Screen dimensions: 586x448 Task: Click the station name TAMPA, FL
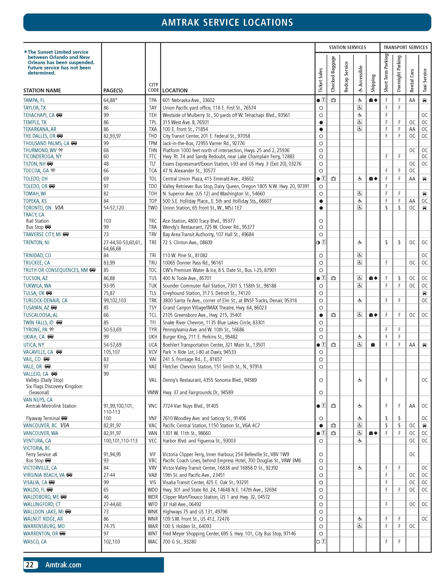(34, 100)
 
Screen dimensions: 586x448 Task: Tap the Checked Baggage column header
(333, 74)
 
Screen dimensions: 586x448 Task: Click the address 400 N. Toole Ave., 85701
(187, 278)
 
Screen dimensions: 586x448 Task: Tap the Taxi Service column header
(425, 80)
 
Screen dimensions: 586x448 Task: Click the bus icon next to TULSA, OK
(49, 293)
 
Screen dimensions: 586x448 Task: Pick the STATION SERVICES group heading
(347, 47)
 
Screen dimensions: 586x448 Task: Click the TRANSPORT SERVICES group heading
(405, 47)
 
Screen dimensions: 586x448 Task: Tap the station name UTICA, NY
(34, 345)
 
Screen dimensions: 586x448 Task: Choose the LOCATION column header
(175, 90)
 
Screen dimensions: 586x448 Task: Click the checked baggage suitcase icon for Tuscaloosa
(333, 315)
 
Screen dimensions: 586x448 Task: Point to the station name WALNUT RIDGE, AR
(43, 519)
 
